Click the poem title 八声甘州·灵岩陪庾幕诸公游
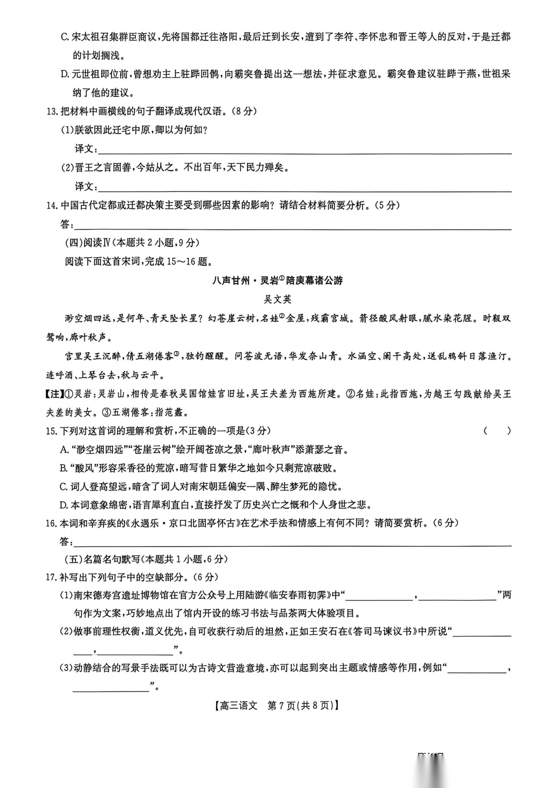(277, 281)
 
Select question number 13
(51, 112)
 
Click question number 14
(51, 206)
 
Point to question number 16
(51, 523)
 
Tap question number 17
(51, 578)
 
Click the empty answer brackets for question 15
(497, 431)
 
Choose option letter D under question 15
(64, 505)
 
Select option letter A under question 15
(64, 450)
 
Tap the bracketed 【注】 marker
(55, 394)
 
